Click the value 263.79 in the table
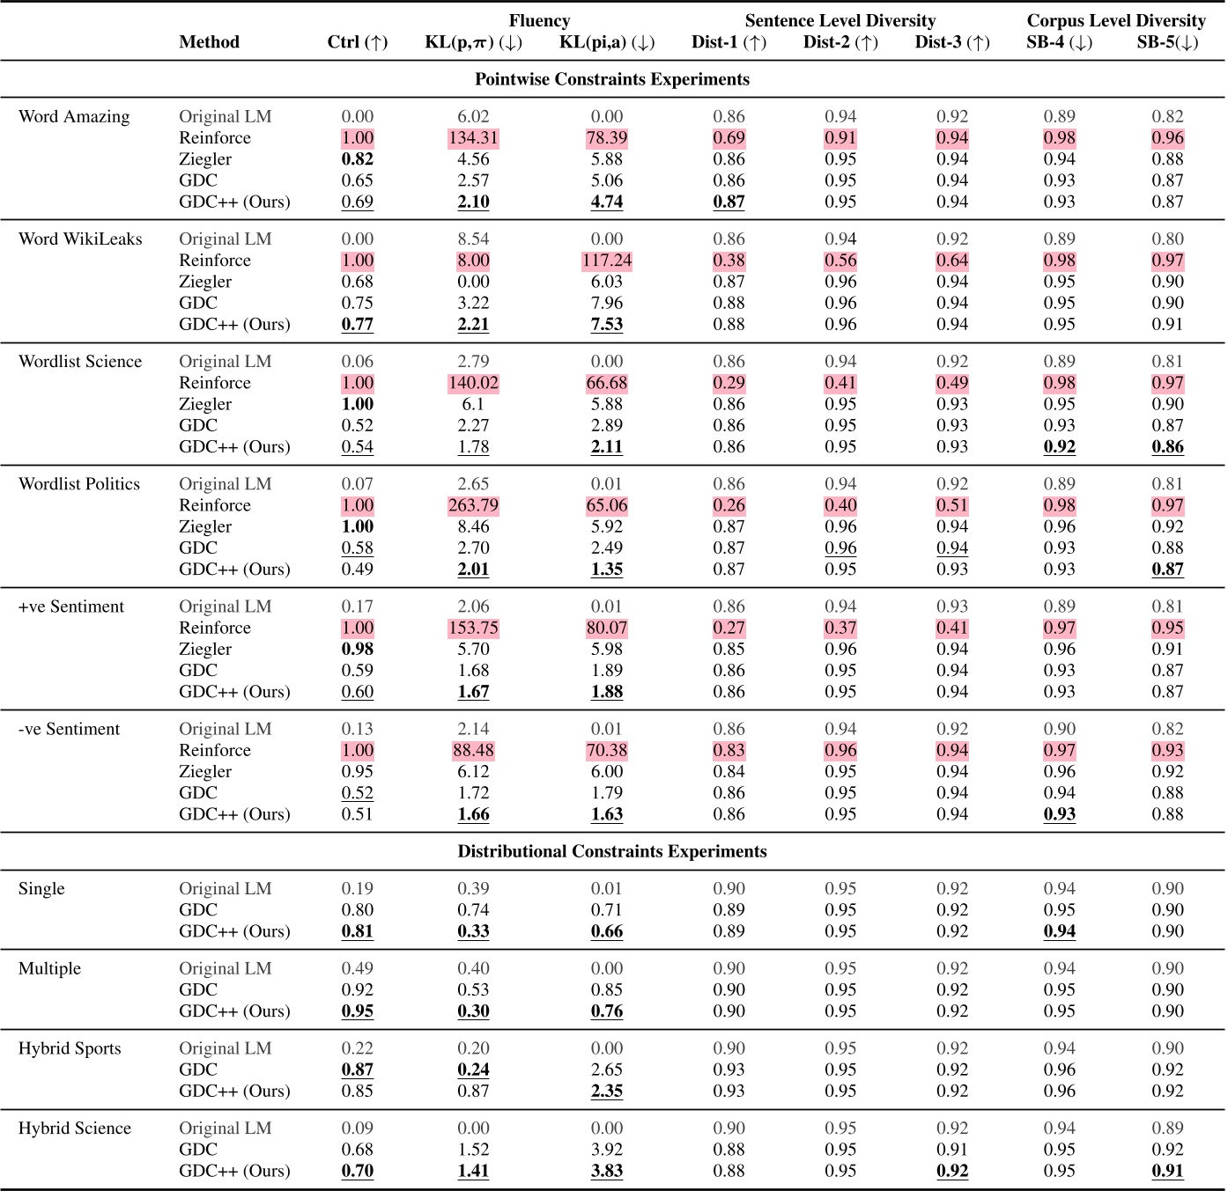[473, 505]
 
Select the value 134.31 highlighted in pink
[473, 138]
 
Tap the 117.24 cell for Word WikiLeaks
[606, 261]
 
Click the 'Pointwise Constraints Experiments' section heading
[612, 79]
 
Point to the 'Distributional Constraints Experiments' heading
[612, 851]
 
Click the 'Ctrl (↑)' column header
[357, 42]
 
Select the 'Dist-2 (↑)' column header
[840, 42]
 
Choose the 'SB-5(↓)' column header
[1167, 42]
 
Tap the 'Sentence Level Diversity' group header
[840, 20]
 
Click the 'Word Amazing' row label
[74, 116]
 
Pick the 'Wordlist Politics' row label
[79, 484]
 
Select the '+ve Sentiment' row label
[71, 607]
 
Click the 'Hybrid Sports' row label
[70, 1048]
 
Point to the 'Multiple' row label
[49, 968]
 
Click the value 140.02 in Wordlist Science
[473, 383]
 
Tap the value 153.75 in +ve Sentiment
[473, 628]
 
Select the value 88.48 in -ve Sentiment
[473, 750]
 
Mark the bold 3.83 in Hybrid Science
[606, 1171]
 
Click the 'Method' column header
[209, 42]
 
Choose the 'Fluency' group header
[539, 20]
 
